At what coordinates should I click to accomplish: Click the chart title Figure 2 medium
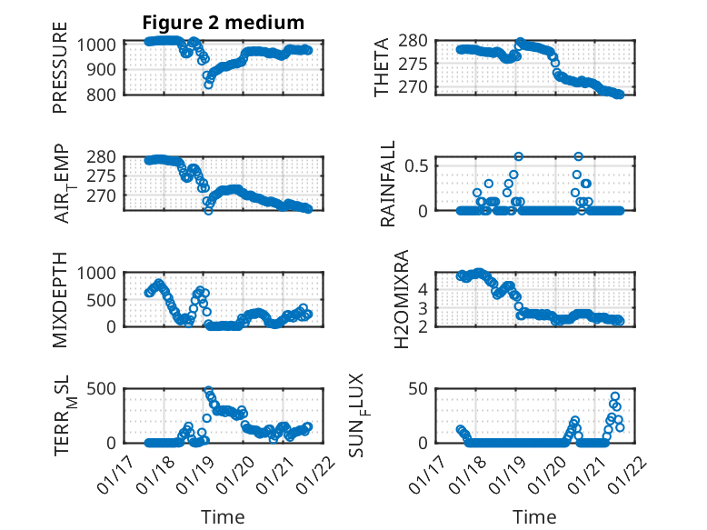pyautogui.click(x=223, y=22)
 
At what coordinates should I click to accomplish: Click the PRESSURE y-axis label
pyautogui.click(x=60, y=74)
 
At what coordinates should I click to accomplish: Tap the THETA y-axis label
pyautogui.click(x=382, y=68)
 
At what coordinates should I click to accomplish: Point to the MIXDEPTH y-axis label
pyautogui.click(x=60, y=298)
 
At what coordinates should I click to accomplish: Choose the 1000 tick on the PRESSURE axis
pyautogui.click(x=101, y=43)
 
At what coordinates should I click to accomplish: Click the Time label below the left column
pyautogui.click(x=223, y=517)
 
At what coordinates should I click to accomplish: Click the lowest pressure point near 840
pyautogui.click(x=208, y=85)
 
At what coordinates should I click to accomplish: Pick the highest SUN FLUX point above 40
pyautogui.click(x=615, y=396)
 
